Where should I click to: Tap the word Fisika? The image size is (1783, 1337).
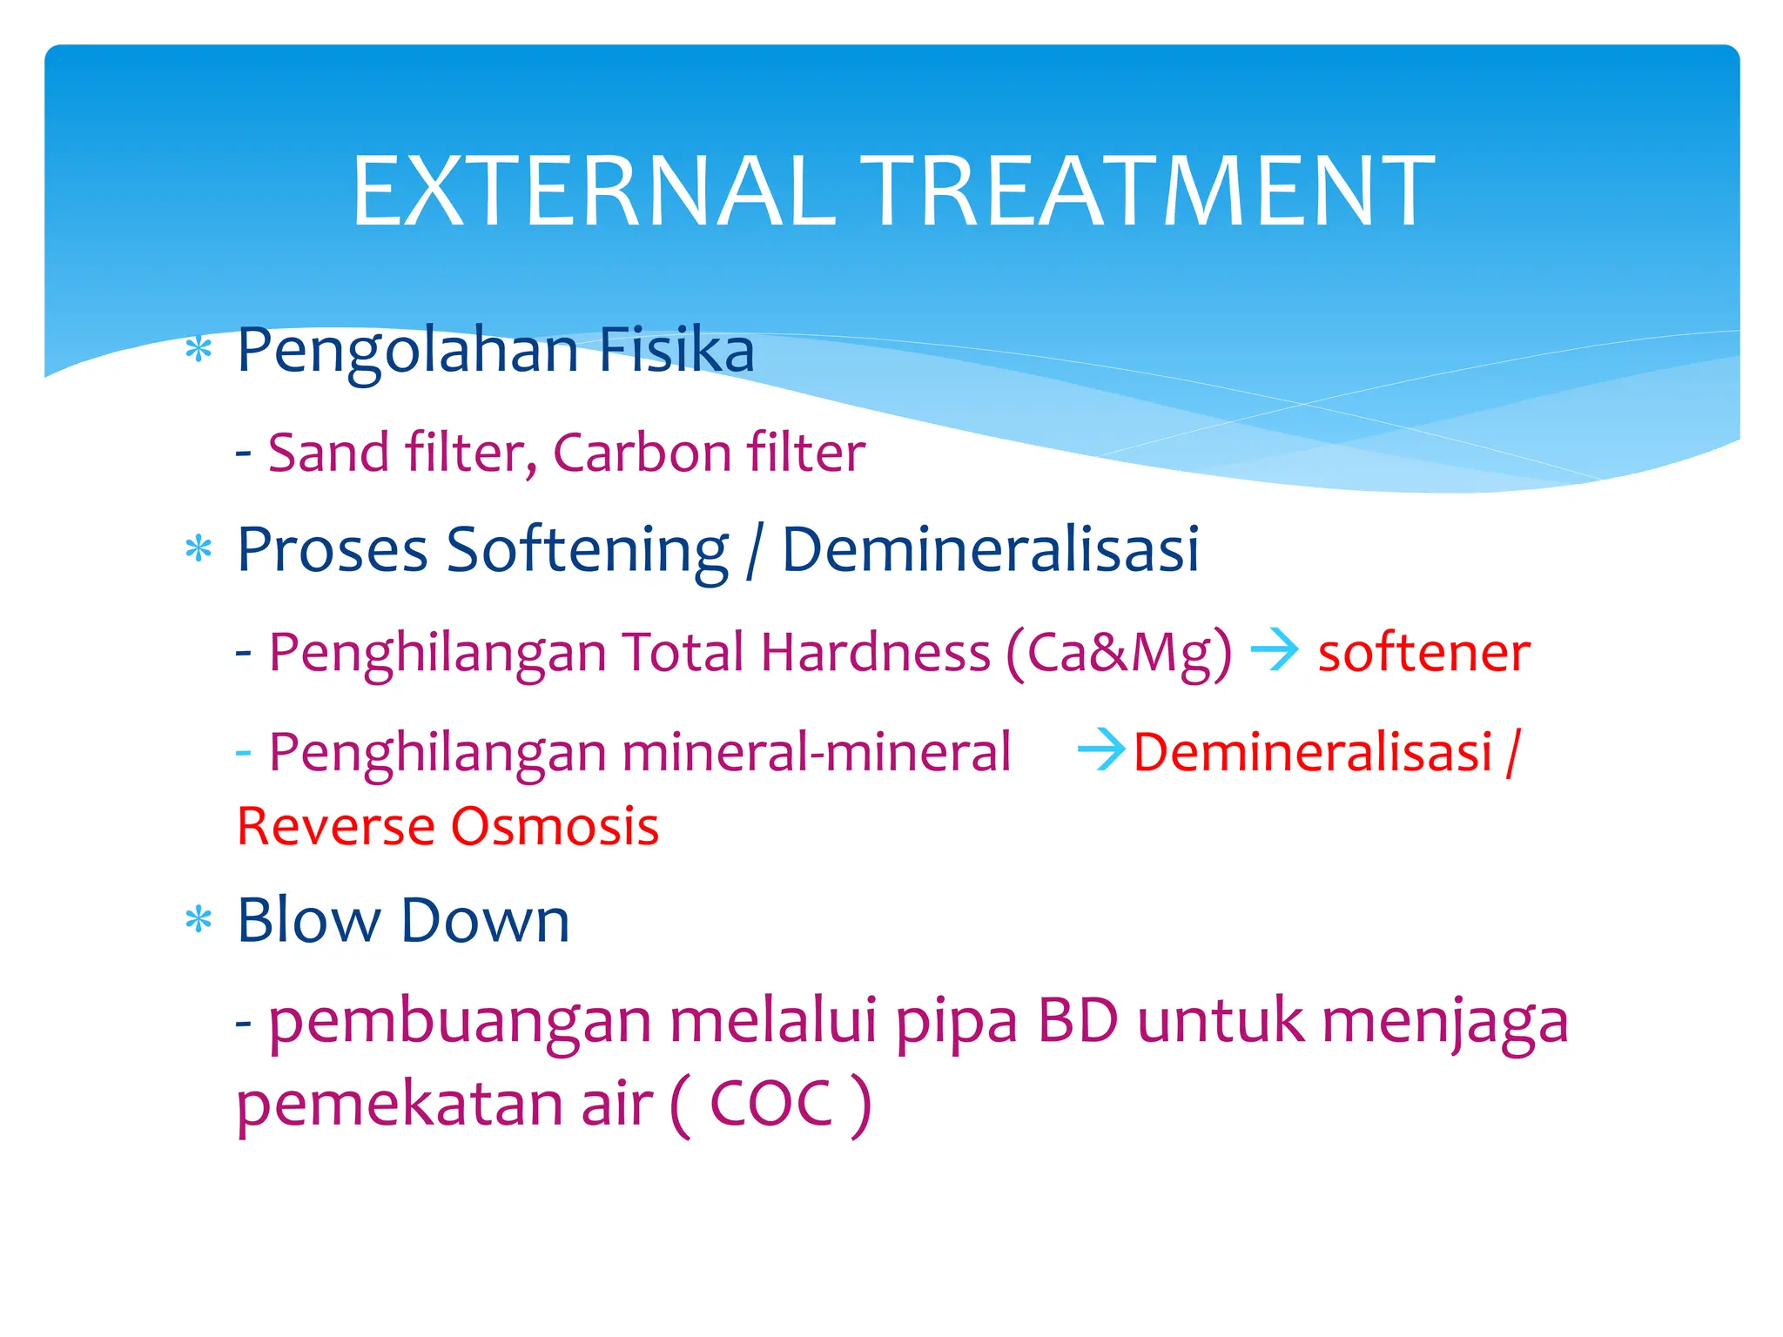pos(676,350)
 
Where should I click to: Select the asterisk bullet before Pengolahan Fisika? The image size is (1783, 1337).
pos(199,351)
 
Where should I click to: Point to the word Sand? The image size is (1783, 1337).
pos(328,453)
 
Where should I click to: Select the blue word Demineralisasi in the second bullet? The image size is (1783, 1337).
pos(991,550)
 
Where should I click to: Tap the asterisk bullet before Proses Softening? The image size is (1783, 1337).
pos(199,550)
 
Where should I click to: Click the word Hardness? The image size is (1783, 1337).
pos(875,652)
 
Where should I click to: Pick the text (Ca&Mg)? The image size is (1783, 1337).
pos(1120,654)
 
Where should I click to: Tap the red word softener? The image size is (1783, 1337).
pos(1423,652)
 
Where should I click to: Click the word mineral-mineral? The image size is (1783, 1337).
pos(817,752)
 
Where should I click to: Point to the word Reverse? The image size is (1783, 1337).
pos(335,826)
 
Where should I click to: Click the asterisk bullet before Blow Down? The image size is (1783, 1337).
pos(199,920)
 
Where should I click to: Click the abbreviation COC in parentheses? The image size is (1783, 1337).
pos(771,1104)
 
